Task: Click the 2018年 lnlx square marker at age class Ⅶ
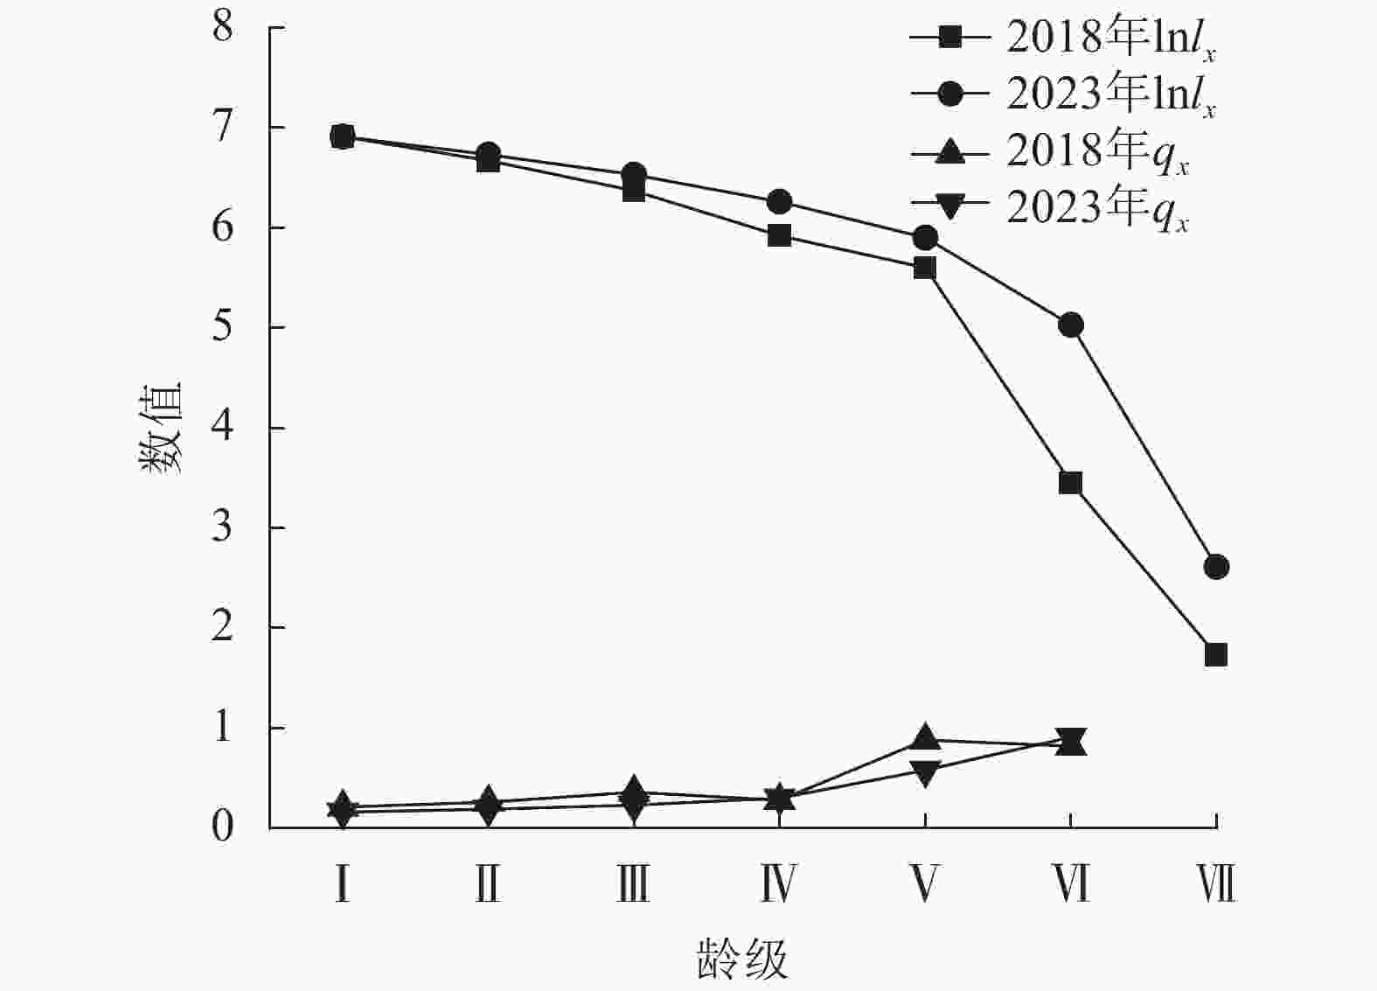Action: (x=1215, y=654)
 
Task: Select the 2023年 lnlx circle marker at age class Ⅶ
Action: (x=1215, y=567)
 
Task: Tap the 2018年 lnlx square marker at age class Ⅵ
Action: (x=1070, y=483)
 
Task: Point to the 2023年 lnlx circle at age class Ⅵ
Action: (x=1070, y=325)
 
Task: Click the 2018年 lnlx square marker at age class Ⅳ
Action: (x=779, y=235)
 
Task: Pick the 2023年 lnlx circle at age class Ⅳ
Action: (x=779, y=202)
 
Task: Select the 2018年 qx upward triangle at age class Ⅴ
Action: (x=925, y=738)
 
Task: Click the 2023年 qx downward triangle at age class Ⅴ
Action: (x=925, y=771)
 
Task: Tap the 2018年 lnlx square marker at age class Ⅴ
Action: (x=925, y=268)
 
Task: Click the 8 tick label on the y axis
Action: (x=223, y=27)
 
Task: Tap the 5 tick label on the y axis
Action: (x=223, y=327)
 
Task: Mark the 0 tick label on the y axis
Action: (x=223, y=827)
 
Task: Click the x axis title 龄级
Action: (x=742, y=960)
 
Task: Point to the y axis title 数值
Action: (x=160, y=428)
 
